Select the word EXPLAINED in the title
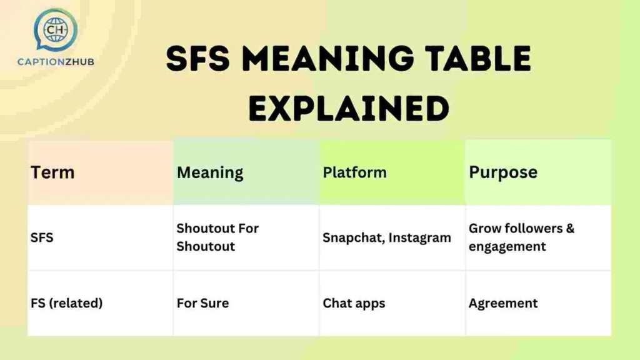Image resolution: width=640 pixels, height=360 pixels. [x=349, y=108]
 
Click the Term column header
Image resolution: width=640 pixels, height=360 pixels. [x=52, y=172]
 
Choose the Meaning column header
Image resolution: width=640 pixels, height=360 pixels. [x=210, y=172]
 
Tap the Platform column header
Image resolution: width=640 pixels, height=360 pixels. [x=354, y=172]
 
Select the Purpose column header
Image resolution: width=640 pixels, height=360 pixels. [x=503, y=172]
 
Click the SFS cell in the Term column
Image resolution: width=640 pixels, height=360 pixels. [x=42, y=238]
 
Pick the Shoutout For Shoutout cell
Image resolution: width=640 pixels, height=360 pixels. [x=217, y=237]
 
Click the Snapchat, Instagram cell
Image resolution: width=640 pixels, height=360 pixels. [x=386, y=238]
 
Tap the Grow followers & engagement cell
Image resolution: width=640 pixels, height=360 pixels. [x=521, y=237]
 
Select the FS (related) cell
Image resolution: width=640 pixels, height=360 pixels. [x=66, y=304]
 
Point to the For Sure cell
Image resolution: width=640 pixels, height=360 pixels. [x=202, y=304]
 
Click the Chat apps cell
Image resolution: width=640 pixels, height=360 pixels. [x=354, y=304]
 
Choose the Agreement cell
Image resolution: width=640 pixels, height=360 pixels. [x=503, y=304]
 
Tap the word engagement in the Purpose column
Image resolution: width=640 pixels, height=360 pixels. [x=507, y=247]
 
